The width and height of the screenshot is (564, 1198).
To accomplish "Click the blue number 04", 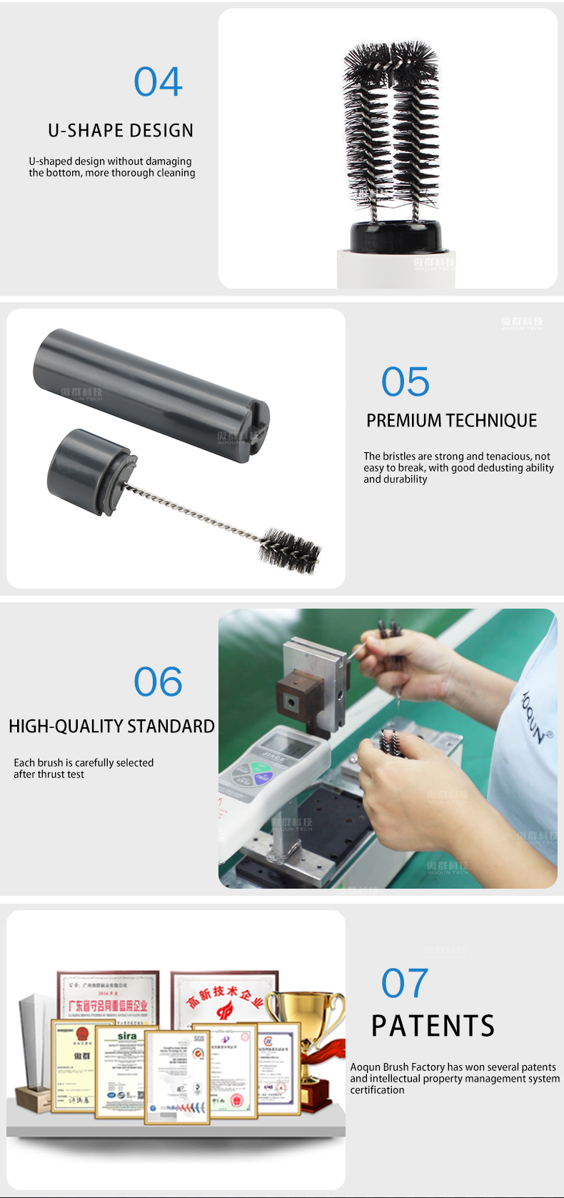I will coord(158,82).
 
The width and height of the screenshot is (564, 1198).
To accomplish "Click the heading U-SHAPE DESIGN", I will coord(121,131).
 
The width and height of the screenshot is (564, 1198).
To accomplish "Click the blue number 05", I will coord(406,382).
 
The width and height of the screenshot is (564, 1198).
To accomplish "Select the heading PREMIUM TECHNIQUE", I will coord(451,421).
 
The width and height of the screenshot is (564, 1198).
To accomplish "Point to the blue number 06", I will coord(158,682).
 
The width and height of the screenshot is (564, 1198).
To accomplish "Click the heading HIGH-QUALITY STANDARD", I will coord(111,727).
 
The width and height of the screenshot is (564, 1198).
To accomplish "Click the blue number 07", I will coord(405,984).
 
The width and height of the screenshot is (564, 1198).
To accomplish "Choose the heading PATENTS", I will coord(433,1026).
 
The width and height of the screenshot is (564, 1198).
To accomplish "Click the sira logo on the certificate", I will coord(127,1036).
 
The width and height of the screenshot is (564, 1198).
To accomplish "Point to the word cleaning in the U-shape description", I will coord(175,173).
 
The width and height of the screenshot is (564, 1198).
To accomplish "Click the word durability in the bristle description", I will coord(405,479).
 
